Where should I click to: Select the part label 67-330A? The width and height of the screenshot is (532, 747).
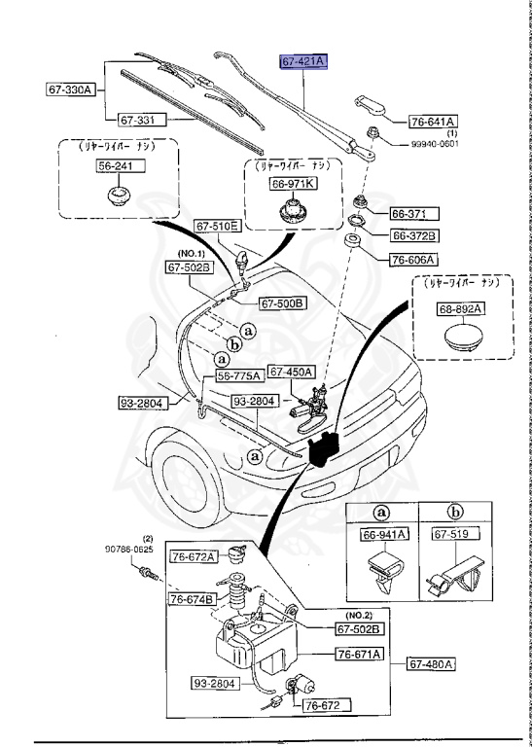tap(70, 90)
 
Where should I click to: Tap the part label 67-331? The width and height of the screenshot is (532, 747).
tap(141, 121)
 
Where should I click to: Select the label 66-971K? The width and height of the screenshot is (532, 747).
tap(293, 183)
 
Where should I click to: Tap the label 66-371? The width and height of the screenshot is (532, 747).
tap(414, 213)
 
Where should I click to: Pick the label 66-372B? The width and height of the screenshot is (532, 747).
tap(414, 235)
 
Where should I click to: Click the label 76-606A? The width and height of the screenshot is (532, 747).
tap(414, 260)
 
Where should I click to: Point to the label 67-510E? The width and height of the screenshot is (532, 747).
tap(217, 227)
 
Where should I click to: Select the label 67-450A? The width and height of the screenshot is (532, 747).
tap(290, 371)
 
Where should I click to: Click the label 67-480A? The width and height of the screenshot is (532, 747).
tap(431, 664)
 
